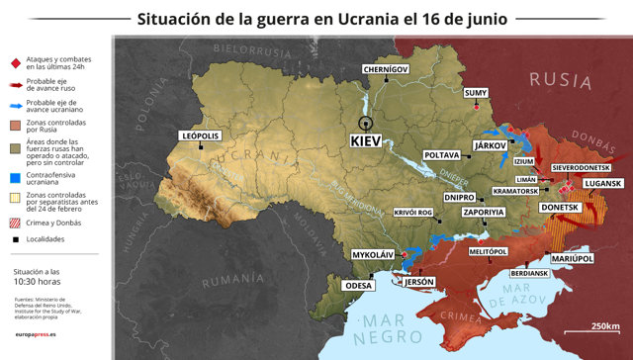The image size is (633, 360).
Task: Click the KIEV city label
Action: tap(367, 141)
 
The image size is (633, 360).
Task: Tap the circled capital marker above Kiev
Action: tap(366, 123)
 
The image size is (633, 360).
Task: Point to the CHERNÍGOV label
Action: tap(385, 69)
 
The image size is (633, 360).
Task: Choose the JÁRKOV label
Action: tap(491, 145)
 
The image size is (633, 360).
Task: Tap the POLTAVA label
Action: tap(441, 155)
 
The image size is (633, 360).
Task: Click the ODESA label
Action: tap(356, 286)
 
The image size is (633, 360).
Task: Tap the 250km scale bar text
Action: tap(605, 327)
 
